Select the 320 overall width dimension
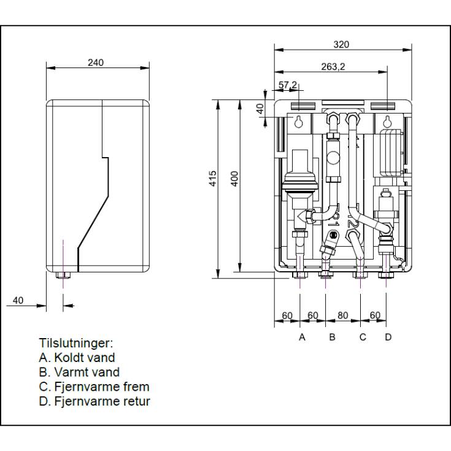click(x=342, y=44)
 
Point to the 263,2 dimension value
click(x=332, y=67)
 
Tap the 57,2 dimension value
click(x=288, y=84)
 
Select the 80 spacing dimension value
click(x=343, y=315)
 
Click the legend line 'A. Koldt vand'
click(x=77, y=357)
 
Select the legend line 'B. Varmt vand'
click(x=79, y=372)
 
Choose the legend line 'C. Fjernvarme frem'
click(x=94, y=387)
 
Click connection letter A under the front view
click(x=301, y=337)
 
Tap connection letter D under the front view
click(x=387, y=337)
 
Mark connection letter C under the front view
click(x=363, y=337)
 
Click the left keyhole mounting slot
click(x=298, y=121)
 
